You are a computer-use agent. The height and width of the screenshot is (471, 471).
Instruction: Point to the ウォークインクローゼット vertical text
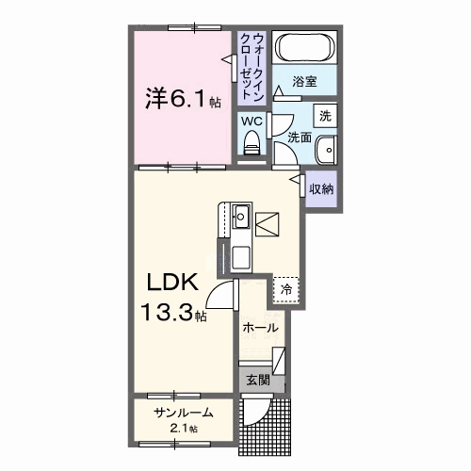tap(252, 67)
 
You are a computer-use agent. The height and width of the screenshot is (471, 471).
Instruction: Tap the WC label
tap(250, 122)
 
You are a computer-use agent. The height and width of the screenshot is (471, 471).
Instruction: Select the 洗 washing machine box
tap(325, 117)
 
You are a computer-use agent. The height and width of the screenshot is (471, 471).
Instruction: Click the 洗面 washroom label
tap(300, 138)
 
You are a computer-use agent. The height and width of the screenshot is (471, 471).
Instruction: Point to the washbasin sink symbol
tap(326, 150)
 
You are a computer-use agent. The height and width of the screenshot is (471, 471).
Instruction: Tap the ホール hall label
tap(260, 328)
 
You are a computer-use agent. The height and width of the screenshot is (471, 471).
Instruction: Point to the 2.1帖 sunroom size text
tap(186, 429)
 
